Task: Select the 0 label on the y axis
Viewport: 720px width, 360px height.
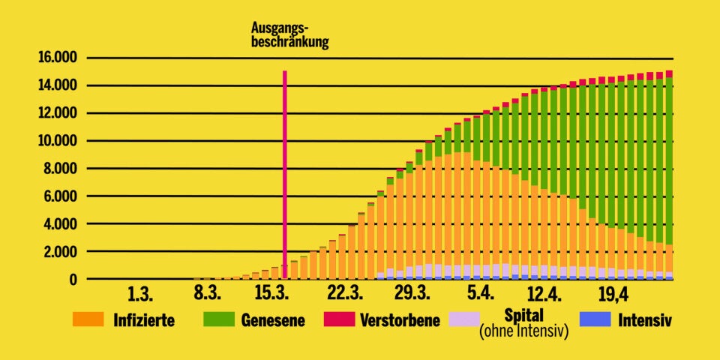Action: pos(73,280)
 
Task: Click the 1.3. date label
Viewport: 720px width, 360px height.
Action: pos(140,292)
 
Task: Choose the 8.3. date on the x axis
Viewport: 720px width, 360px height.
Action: pos(207,292)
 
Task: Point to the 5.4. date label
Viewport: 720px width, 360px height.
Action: pos(480,292)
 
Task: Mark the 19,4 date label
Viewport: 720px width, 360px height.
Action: pos(613,292)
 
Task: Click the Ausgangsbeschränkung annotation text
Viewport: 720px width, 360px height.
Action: pos(289,36)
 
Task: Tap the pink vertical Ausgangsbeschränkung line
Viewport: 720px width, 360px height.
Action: pos(285,172)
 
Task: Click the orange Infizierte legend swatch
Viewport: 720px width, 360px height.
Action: pos(87,320)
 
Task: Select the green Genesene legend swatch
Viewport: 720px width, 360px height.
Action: pos(218,320)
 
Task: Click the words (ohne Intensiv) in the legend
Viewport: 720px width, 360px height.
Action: pos(523,331)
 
